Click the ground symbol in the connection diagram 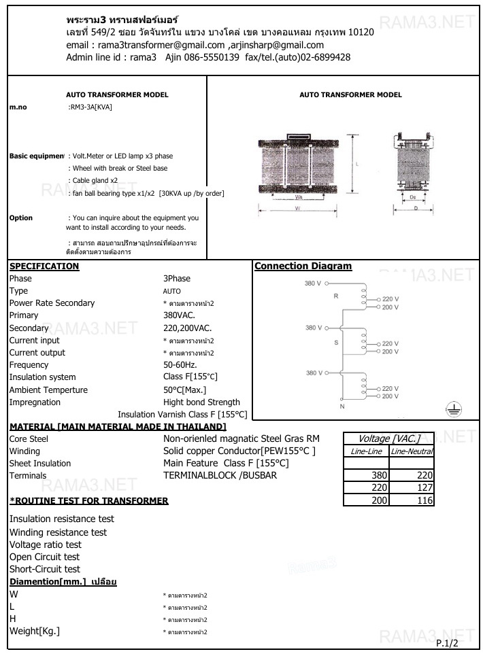click(454, 408)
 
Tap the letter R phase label click(335, 296)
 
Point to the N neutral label click(342, 405)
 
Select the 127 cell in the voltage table click(422, 487)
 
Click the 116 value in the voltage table click(422, 500)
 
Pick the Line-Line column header click(366, 451)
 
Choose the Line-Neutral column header click(412, 451)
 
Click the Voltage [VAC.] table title click(388, 438)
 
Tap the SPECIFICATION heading click(44, 266)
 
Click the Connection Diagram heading click(303, 266)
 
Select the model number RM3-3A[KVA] click(90, 107)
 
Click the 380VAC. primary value click(179, 315)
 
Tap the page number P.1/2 click(448, 642)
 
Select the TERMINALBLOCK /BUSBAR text click(220, 476)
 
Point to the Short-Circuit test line click(44, 569)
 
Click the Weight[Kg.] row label click(35, 632)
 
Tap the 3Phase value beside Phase click(177, 279)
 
